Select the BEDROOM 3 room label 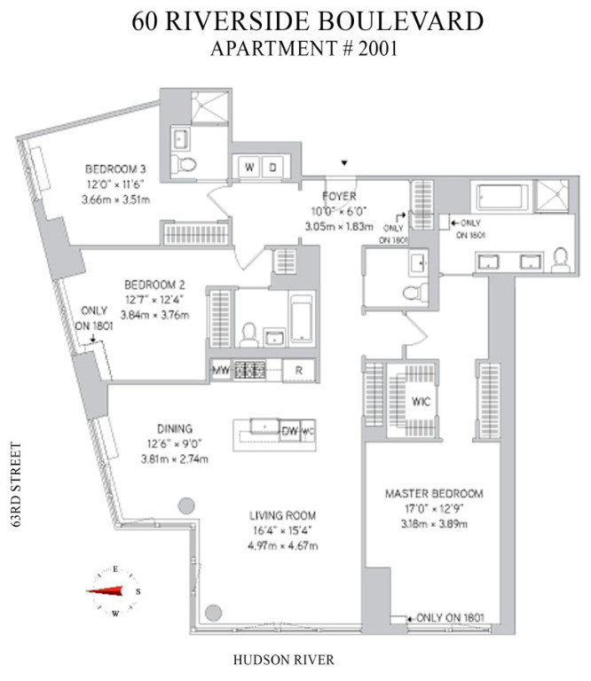pos(115,169)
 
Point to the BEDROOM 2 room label pos(154,285)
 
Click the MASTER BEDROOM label pos(433,493)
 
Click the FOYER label pos(340,196)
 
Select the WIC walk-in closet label pos(420,400)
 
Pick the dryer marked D pos(273,167)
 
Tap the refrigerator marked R pos(299,371)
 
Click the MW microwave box pos(220,371)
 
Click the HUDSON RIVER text pos(283,660)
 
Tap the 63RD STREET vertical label pos(15,486)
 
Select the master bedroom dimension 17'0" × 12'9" pos(433,509)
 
